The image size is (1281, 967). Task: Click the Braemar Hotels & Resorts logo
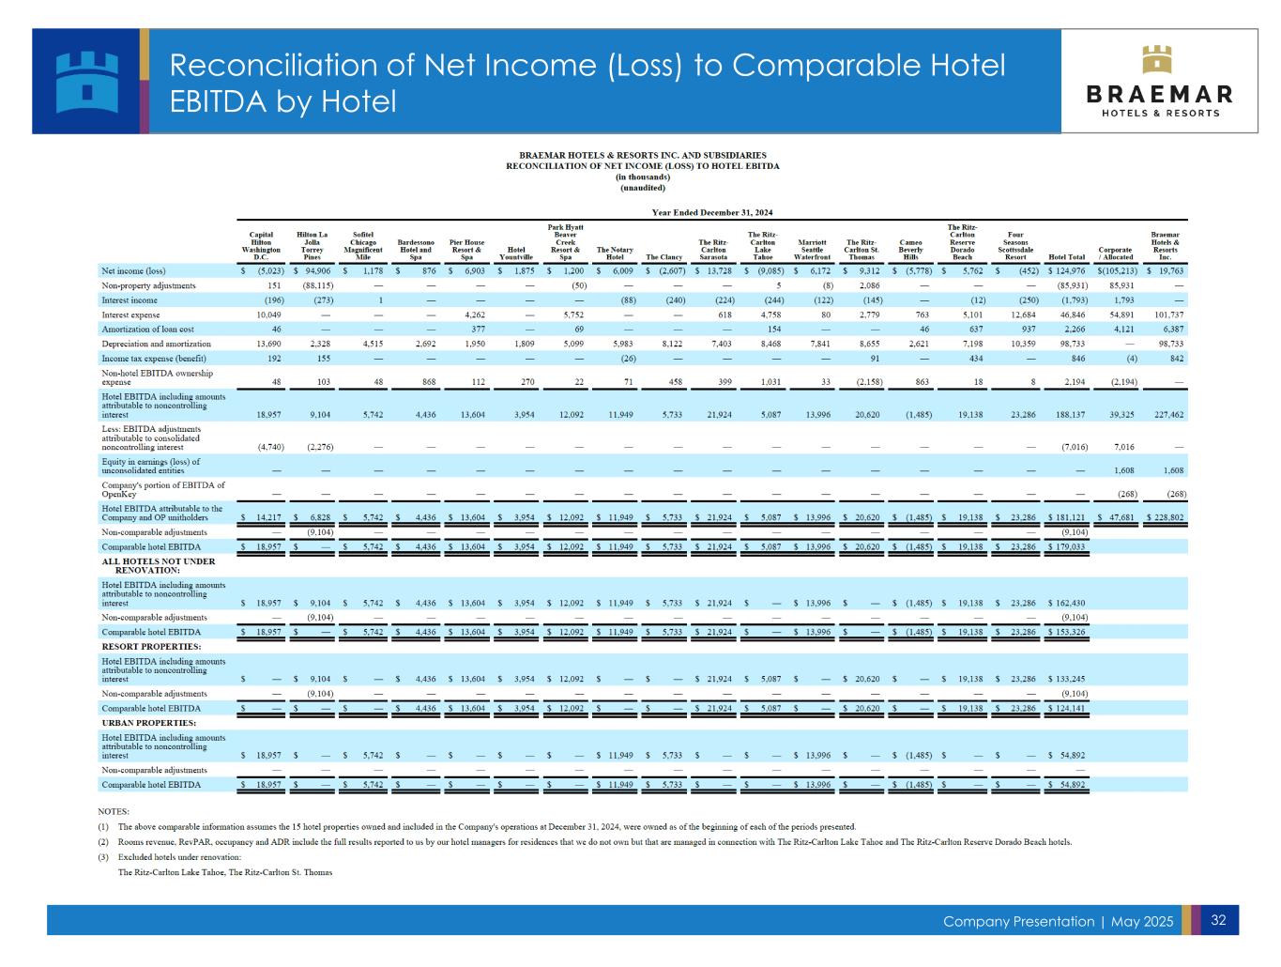pyautogui.click(x=1159, y=82)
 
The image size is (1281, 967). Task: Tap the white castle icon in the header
pyautogui.click(x=87, y=81)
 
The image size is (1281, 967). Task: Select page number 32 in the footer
pyautogui.click(x=1218, y=920)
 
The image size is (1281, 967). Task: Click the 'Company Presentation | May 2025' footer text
pyautogui.click(x=1058, y=922)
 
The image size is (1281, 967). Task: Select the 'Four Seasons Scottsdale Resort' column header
pyautogui.click(x=1014, y=246)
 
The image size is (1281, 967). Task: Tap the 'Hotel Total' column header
pyautogui.click(x=1067, y=256)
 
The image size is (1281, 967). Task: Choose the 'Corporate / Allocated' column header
pyautogui.click(x=1115, y=253)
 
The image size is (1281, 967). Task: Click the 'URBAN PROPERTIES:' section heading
pyautogui.click(x=148, y=724)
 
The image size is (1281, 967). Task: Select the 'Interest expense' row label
pyautogui.click(x=130, y=315)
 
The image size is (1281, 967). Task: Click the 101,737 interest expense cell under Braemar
pyautogui.click(x=1165, y=315)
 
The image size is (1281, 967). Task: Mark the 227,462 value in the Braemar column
pyautogui.click(x=1165, y=413)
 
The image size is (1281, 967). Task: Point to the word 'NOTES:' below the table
pyautogui.click(x=114, y=811)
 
